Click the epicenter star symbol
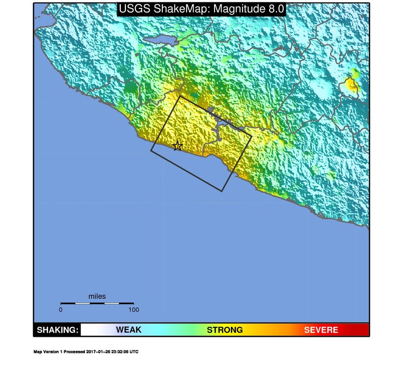pos(177,146)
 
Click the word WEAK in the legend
pos(128,330)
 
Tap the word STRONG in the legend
pos(225,330)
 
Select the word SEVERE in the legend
pos(321,330)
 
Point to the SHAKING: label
pos(57,330)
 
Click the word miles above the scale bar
pos(97,296)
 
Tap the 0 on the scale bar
pos(61,309)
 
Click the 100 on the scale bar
pos(133,309)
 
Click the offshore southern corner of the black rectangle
pos(222,191)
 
